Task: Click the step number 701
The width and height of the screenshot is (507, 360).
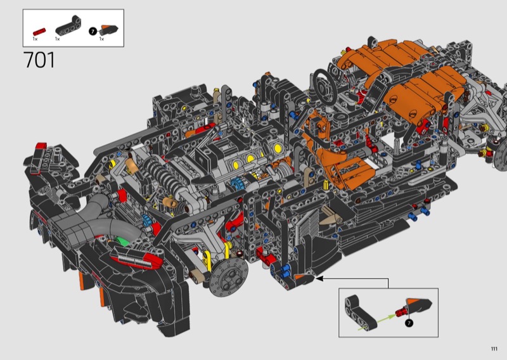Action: [39, 60]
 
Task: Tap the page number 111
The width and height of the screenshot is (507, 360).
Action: [494, 349]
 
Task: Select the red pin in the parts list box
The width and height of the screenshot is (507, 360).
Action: [39, 32]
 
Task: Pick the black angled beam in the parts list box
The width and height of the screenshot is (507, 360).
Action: [68, 25]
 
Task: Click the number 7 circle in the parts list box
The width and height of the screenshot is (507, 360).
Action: [93, 32]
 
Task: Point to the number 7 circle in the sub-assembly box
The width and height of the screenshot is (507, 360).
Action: [409, 323]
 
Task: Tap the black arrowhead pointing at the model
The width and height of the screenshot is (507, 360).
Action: [319, 278]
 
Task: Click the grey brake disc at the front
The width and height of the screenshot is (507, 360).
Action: [229, 277]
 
